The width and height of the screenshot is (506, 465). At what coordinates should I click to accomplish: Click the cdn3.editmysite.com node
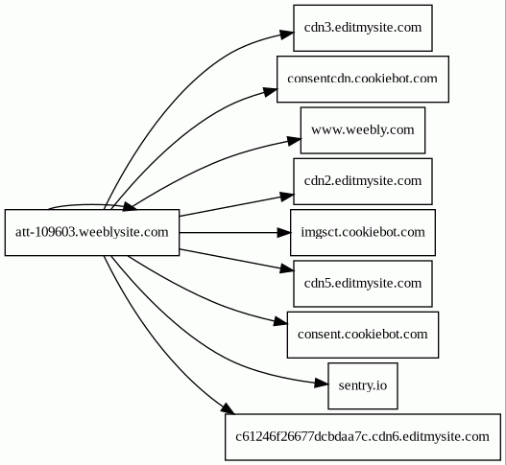(363, 28)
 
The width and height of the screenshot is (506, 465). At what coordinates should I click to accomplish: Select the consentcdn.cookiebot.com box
(363, 80)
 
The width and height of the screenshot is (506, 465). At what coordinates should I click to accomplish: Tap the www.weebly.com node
(363, 130)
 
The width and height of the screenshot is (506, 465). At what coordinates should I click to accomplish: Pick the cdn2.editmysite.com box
(363, 181)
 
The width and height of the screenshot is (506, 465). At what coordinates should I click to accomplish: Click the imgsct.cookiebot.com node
(363, 233)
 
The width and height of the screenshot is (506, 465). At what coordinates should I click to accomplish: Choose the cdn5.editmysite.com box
(363, 284)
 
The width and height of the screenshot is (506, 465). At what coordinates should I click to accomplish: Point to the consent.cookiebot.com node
(363, 335)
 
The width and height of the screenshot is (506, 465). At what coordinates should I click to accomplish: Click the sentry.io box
(363, 386)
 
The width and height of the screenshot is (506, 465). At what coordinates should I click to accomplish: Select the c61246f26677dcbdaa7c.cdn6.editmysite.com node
(363, 437)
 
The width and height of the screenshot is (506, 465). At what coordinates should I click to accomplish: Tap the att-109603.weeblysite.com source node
(92, 233)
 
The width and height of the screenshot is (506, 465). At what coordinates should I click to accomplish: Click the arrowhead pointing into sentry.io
(322, 384)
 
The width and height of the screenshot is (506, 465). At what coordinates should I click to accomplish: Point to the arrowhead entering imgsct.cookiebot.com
(284, 233)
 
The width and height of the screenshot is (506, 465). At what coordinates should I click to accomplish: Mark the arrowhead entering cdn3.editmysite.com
(287, 35)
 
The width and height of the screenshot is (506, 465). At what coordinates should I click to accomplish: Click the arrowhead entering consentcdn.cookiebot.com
(271, 91)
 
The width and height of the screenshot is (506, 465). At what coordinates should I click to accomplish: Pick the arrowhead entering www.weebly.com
(295, 141)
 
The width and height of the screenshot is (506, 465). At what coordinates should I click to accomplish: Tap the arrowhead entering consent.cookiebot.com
(280, 321)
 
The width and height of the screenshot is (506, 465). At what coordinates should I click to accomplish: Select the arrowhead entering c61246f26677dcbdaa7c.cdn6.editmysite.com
(229, 408)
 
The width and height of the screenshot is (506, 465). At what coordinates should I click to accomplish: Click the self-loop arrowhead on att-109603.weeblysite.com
(130, 207)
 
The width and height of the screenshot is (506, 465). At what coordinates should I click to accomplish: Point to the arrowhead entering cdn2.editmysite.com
(287, 197)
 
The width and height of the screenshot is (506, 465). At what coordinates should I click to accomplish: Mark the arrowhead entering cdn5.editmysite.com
(287, 268)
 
